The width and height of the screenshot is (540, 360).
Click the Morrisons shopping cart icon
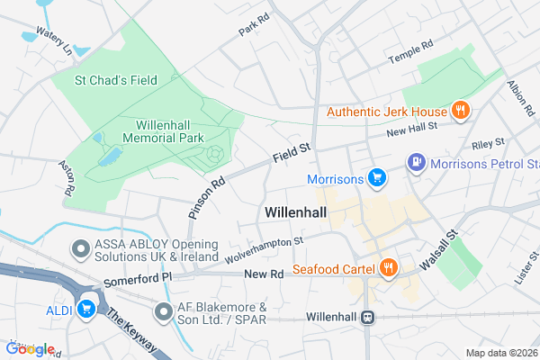(377, 177)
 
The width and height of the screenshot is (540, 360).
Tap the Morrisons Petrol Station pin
(416, 163)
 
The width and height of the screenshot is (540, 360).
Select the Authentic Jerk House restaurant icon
(460, 112)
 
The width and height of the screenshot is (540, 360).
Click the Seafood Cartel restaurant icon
(388, 267)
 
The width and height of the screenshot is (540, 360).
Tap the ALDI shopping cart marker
(87, 310)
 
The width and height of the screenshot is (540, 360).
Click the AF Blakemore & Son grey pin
(163, 312)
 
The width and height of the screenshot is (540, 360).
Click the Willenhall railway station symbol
(367, 317)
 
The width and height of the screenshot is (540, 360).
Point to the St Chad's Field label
(117, 80)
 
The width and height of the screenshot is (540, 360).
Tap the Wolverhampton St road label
(265, 247)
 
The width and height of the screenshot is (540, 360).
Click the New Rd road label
(264, 274)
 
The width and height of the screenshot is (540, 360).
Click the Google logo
(30, 348)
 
